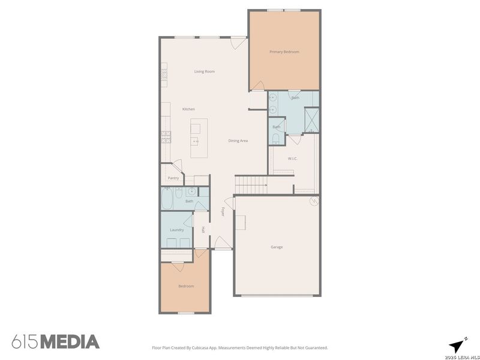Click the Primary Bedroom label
point(284,52)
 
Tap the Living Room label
point(204,71)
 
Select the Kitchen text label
point(188,109)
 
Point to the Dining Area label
point(238,141)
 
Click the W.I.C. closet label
point(293,158)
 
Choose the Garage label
point(277,247)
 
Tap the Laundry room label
point(176,230)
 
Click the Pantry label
point(173,178)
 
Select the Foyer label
point(223,212)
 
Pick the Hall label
point(203,230)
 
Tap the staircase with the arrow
point(251,186)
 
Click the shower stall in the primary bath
point(312,119)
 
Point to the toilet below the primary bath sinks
point(276,139)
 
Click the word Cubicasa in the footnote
point(202,347)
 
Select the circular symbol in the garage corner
point(313,202)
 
